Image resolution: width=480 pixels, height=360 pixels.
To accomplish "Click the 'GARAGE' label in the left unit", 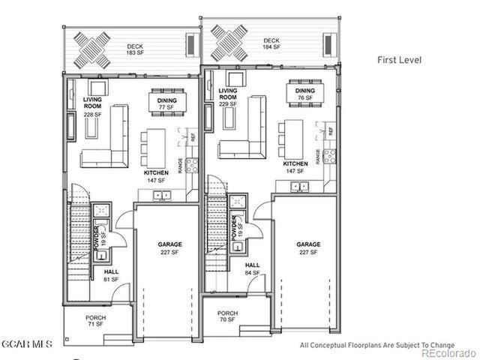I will point(170,244).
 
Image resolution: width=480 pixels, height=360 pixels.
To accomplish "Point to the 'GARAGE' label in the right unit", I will point(308,244).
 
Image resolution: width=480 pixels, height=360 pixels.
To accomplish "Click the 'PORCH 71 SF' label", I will point(95,322).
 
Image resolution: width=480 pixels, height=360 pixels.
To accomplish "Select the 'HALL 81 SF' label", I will point(111,276).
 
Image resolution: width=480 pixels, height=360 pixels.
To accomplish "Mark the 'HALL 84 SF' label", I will point(253,268).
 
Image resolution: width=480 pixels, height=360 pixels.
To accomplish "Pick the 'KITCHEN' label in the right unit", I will point(295,163).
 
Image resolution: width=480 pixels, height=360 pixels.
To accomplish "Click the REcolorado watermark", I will point(448,352).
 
